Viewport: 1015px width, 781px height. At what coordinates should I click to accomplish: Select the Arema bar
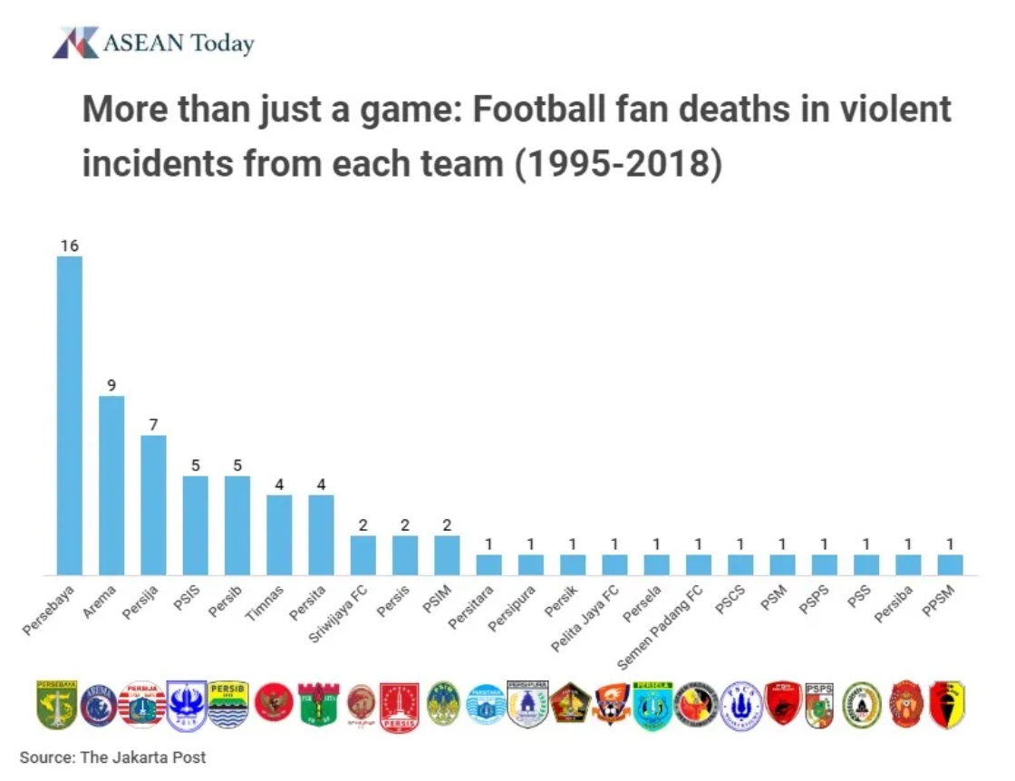pyautogui.click(x=111, y=485)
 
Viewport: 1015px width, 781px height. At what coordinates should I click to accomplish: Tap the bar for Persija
pyautogui.click(x=153, y=505)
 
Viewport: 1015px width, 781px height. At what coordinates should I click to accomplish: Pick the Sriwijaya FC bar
pyautogui.click(x=363, y=554)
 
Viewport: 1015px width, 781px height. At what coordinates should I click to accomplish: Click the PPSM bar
pyautogui.click(x=950, y=564)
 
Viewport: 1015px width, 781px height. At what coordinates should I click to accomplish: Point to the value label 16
pyautogui.click(x=70, y=246)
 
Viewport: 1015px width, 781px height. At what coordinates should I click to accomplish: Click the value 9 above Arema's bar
pyautogui.click(x=111, y=385)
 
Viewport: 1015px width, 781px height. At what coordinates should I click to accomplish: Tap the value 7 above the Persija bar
pyautogui.click(x=153, y=425)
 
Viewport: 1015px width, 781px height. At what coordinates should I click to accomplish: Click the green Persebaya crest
pyautogui.click(x=57, y=704)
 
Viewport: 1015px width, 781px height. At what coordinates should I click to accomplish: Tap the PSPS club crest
pyautogui.click(x=818, y=705)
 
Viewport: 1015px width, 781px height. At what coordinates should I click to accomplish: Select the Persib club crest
pyautogui.click(x=227, y=704)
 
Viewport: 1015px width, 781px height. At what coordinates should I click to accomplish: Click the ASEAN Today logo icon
pyautogui.click(x=74, y=43)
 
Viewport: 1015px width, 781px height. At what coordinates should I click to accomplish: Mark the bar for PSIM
pyautogui.click(x=447, y=554)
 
